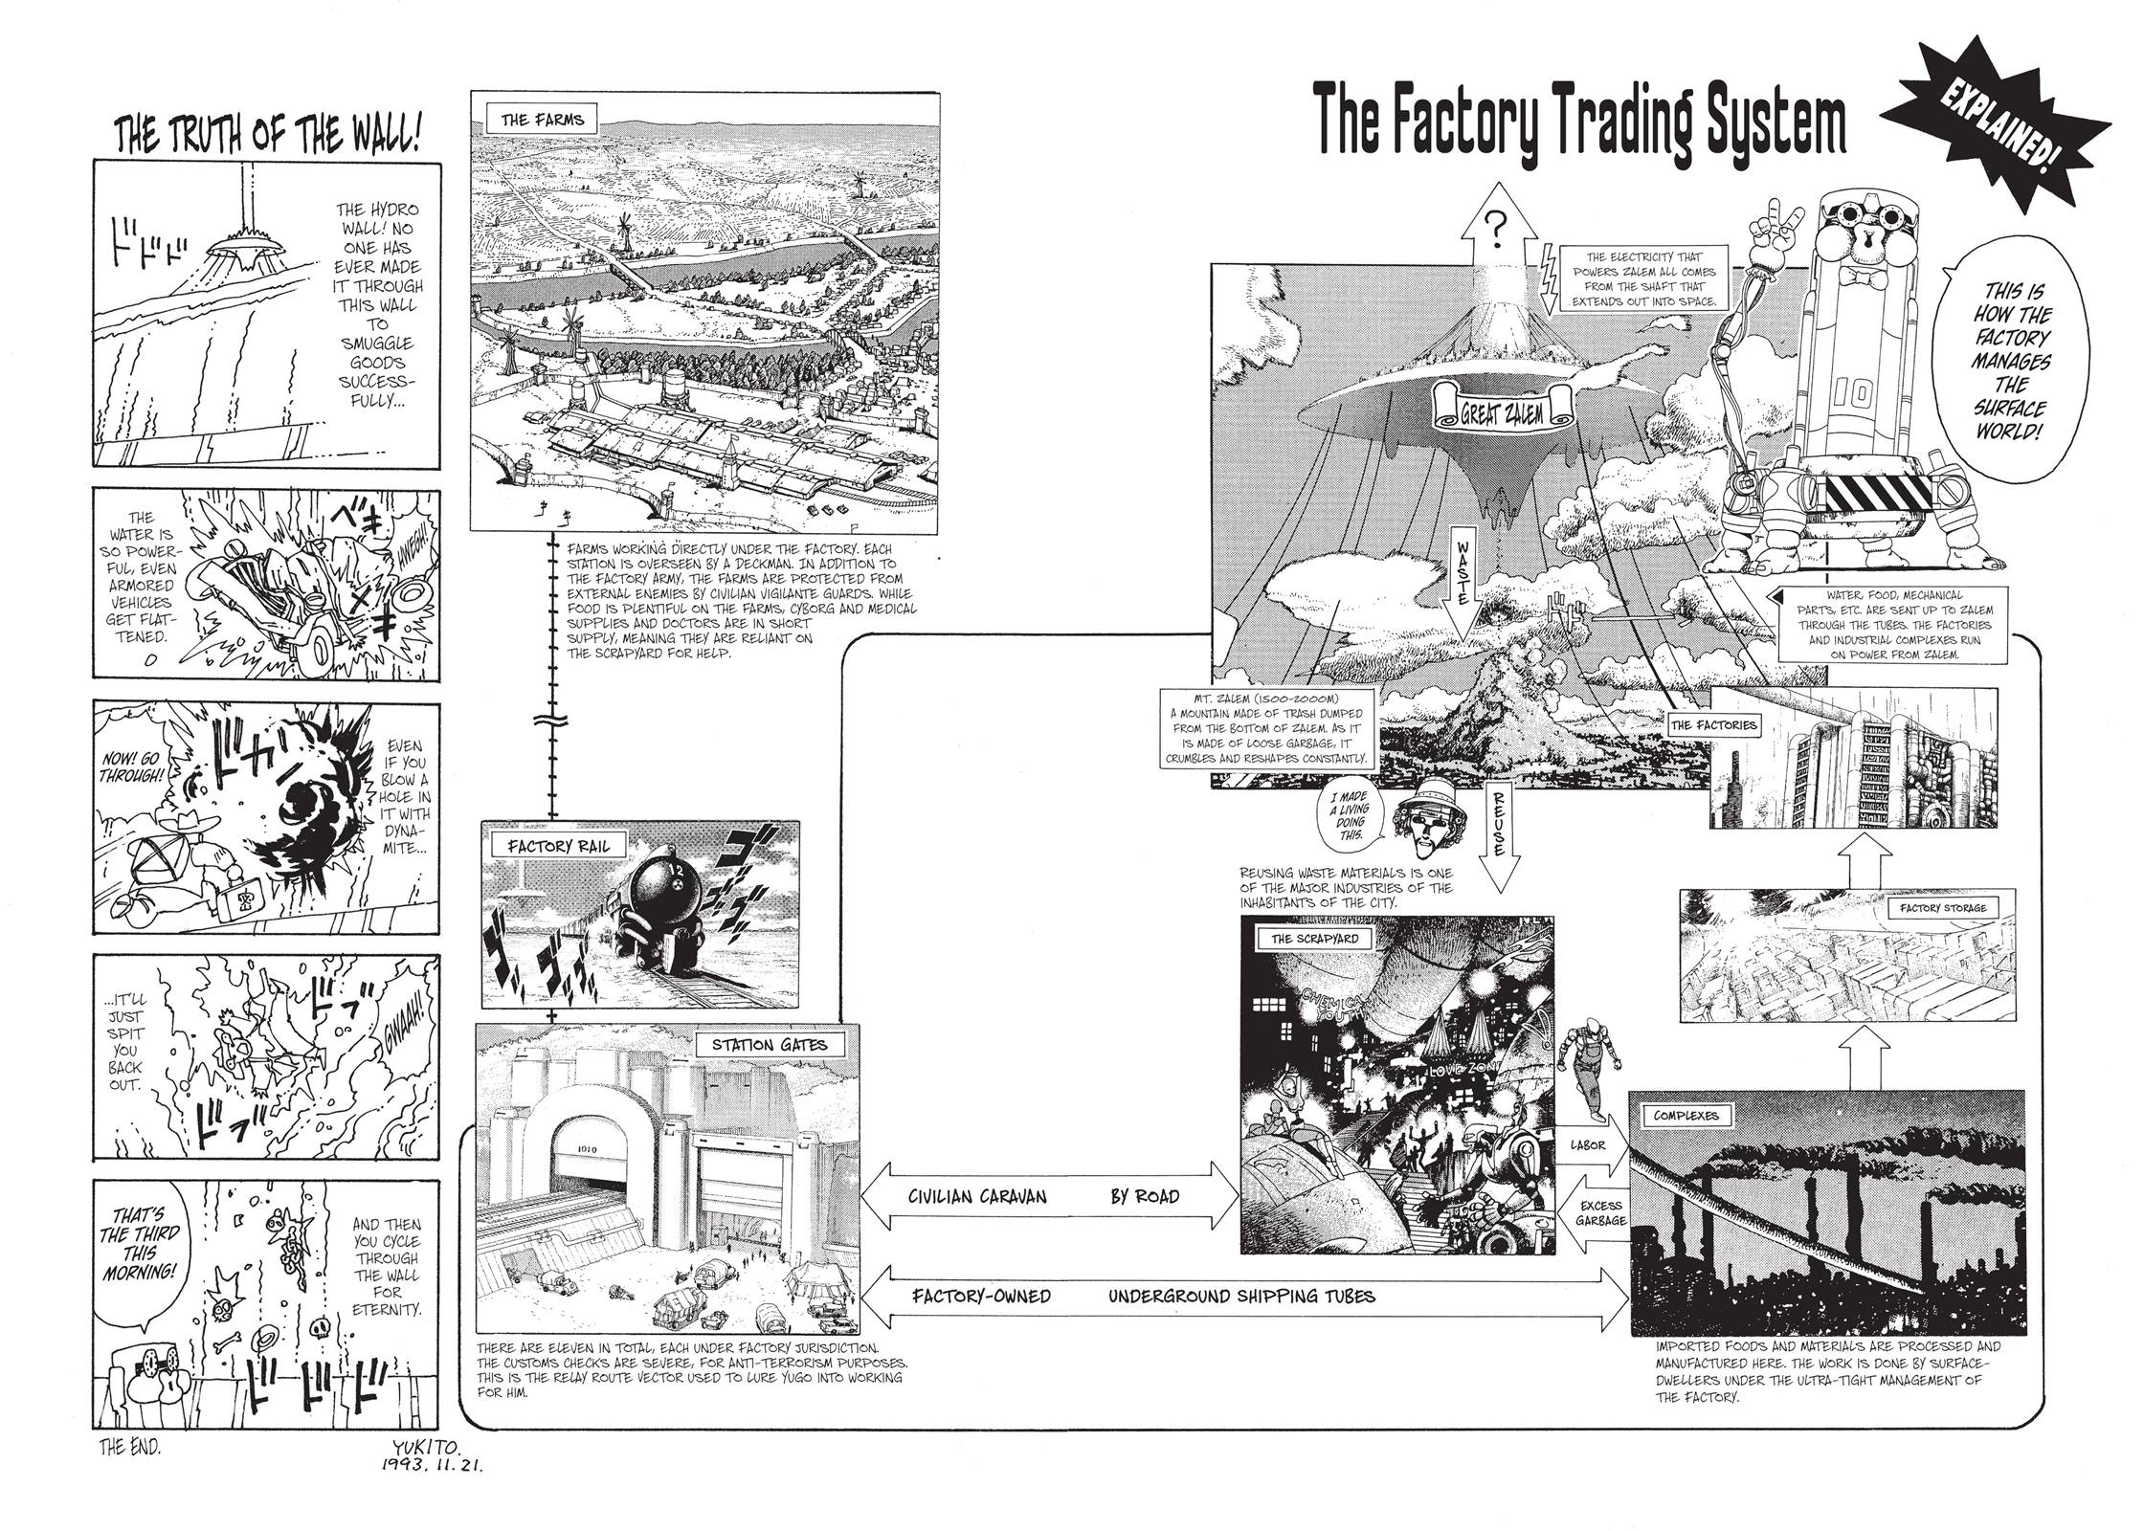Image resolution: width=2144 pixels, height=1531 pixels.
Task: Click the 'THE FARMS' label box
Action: pyautogui.click(x=543, y=122)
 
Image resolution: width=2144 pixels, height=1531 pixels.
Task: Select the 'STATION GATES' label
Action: pyautogui.click(x=769, y=1045)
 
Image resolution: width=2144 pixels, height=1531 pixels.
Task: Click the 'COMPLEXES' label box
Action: pyautogui.click(x=1686, y=1115)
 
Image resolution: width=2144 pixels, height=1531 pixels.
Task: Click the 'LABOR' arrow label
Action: pyautogui.click(x=1587, y=1144)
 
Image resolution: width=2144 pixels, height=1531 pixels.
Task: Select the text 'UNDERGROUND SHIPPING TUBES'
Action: pyautogui.click(x=1241, y=1297)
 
